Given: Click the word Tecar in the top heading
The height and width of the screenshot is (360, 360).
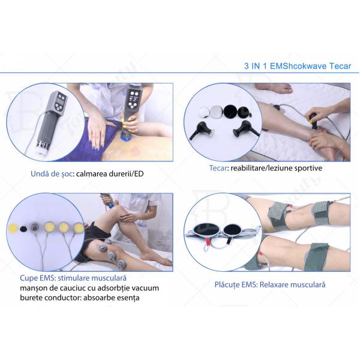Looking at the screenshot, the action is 340,66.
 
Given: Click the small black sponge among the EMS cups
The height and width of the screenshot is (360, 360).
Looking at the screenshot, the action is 23,229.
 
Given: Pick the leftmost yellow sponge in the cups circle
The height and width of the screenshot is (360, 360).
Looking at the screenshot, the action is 13,228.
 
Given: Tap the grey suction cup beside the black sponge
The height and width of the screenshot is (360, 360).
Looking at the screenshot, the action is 35,227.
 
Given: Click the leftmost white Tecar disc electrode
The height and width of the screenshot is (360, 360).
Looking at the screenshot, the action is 204,112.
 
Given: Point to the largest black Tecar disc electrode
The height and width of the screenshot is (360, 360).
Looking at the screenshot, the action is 230,112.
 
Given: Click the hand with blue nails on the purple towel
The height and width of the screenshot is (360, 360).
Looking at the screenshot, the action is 97,133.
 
